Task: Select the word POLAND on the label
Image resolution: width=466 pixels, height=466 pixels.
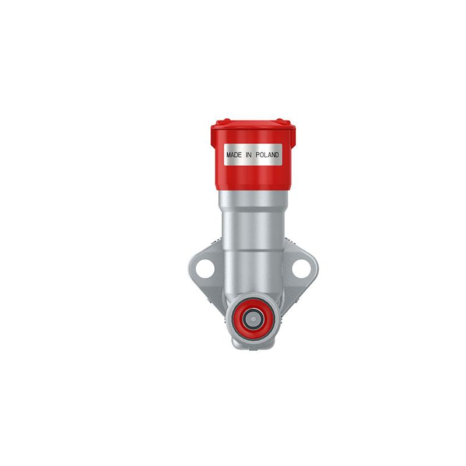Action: pos(267,156)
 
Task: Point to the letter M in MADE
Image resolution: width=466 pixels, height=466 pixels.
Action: pos(228,156)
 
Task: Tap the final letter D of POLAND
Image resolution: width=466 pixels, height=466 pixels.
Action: pos(277,156)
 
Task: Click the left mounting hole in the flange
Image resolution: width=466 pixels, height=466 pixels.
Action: pos(204,269)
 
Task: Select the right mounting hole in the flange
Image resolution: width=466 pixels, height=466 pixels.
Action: pos(301,269)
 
